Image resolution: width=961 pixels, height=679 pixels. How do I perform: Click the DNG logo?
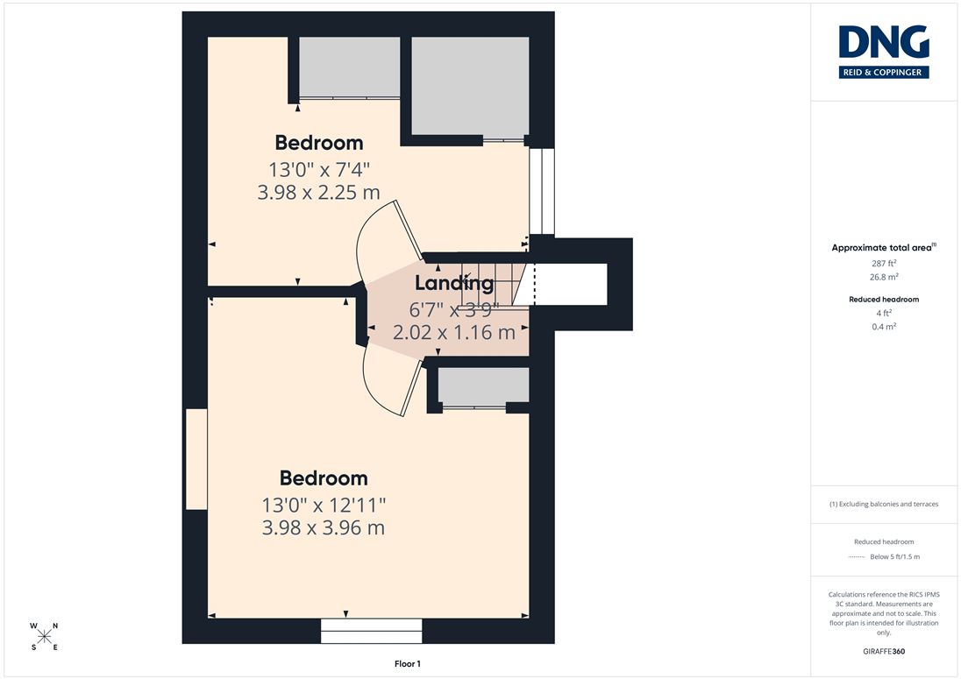pos(884,52)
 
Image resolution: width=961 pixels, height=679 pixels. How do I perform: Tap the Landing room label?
pos(454,282)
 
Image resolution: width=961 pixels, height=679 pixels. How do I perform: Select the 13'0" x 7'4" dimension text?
pos(318,169)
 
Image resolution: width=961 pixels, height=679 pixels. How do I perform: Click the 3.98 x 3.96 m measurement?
pos(323,527)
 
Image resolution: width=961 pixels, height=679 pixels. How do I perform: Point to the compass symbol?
pos(44,636)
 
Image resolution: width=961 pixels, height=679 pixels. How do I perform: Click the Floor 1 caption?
pos(408,664)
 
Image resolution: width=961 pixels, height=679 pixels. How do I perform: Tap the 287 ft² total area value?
pos(884,263)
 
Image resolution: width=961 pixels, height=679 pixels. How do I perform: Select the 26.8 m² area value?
pos(884,277)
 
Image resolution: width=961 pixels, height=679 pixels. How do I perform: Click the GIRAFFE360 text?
pos(884,651)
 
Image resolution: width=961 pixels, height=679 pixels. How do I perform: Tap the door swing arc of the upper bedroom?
pos(367,245)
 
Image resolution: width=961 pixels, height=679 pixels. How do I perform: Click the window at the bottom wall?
pos(372,631)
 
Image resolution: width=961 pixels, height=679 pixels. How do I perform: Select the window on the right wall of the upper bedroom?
pos(542,191)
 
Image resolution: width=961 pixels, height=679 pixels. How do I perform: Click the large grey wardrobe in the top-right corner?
pos(470,86)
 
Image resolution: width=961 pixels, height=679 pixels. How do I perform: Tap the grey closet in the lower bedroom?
pos(483,385)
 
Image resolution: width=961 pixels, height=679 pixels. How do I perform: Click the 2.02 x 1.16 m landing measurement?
pos(453,332)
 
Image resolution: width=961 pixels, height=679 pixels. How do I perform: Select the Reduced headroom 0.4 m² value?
pos(884,326)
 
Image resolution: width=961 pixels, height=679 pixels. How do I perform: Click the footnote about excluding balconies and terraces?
pos(884,504)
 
